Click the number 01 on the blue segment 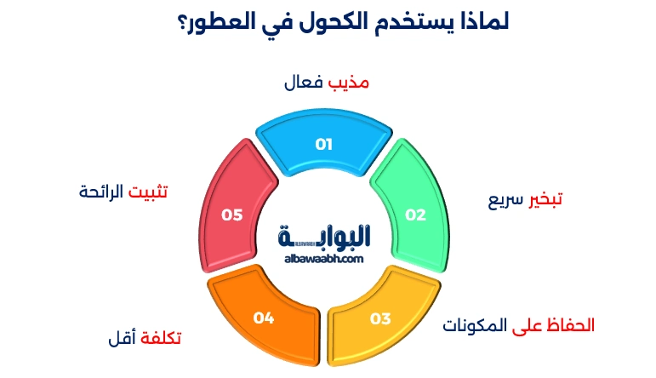click(x=323, y=144)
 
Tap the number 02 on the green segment click(x=414, y=215)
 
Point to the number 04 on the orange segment click(x=264, y=318)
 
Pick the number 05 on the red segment click(x=232, y=215)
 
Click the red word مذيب click(x=350, y=83)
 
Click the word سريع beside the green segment click(x=503, y=200)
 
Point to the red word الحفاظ click(x=571, y=325)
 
